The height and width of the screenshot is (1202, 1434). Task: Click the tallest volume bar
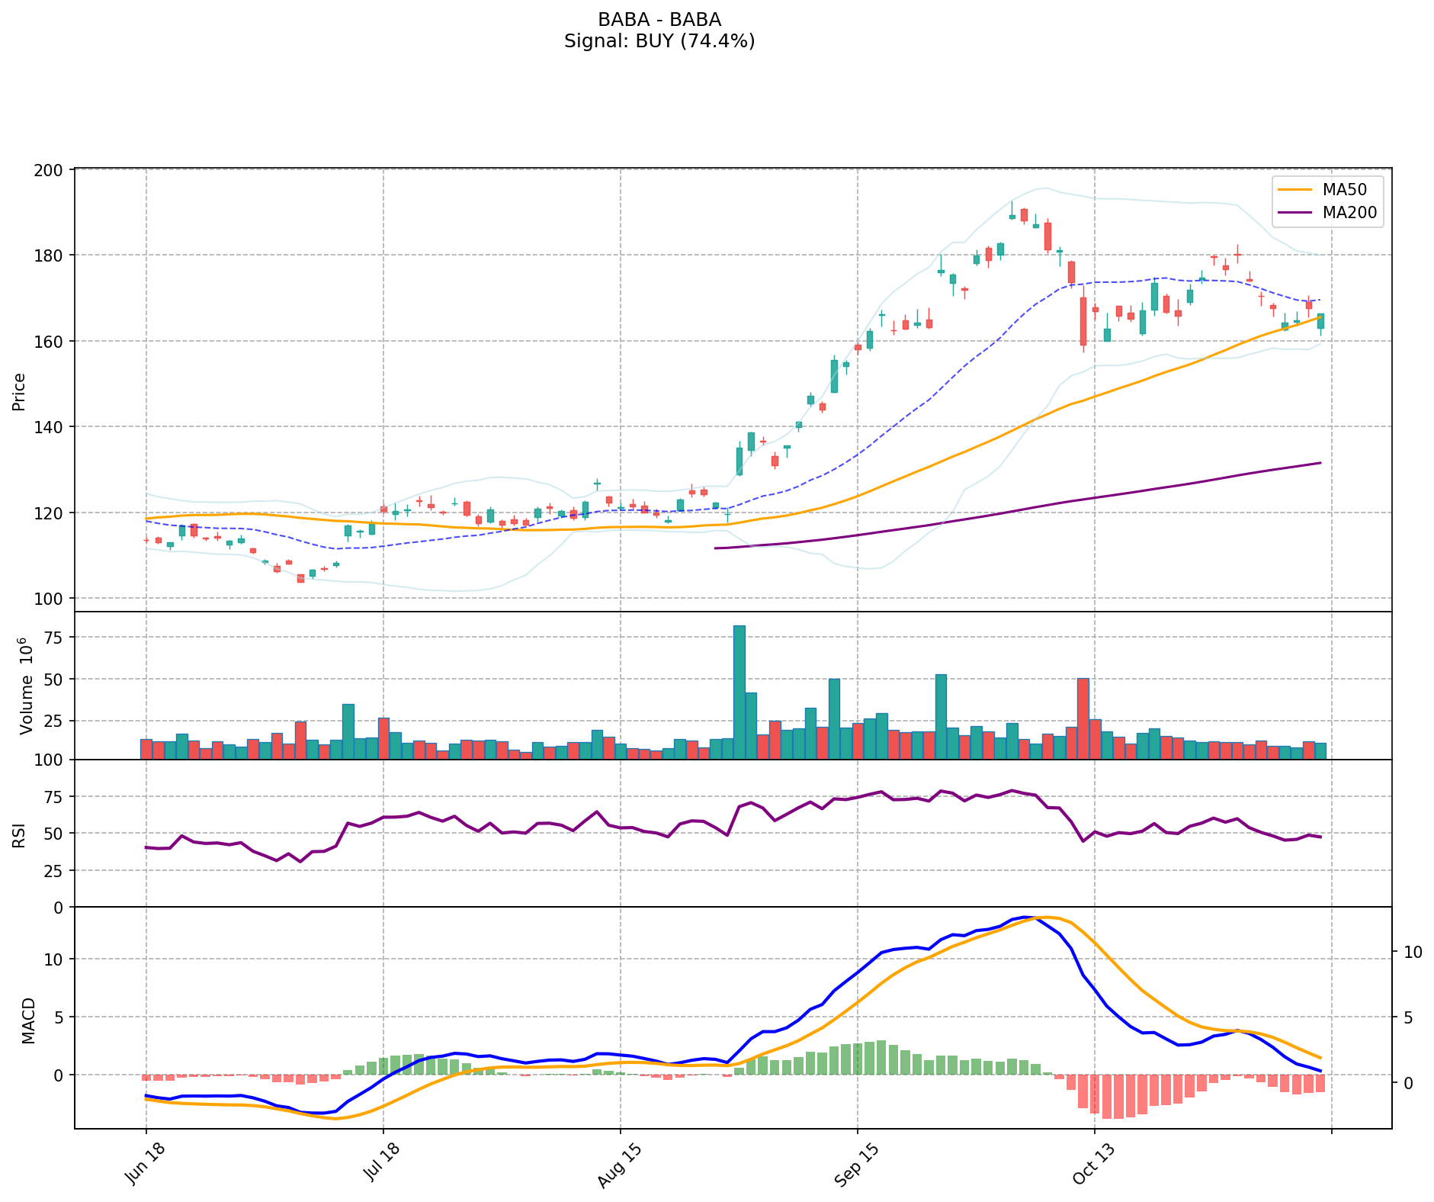(739, 692)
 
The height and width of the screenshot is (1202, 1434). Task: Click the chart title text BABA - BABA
(659, 20)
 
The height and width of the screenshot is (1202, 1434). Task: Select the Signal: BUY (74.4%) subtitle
(659, 41)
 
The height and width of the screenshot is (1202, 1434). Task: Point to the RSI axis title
(19, 834)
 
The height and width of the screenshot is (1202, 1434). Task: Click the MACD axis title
(28, 1020)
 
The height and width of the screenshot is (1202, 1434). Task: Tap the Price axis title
(19, 391)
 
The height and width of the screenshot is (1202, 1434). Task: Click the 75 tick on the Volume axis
(56, 638)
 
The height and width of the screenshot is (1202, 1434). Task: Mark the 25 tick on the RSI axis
(56, 870)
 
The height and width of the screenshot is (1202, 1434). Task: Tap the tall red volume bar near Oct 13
(1083, 718)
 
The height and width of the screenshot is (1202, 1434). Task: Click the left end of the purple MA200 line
(715, 548)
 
